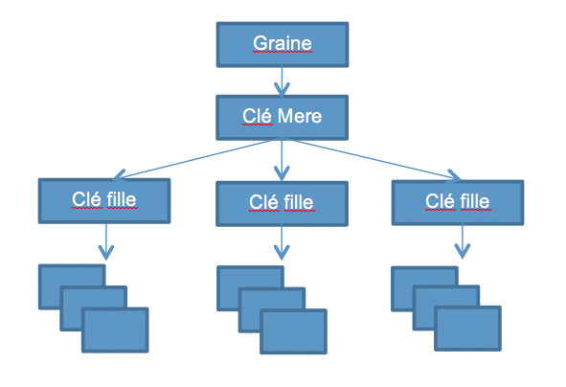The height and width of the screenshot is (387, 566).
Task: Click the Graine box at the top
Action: pos(283,44)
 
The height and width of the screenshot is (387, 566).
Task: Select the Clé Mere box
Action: pos(282,117)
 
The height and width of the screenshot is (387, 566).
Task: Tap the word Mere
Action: pos(300,116)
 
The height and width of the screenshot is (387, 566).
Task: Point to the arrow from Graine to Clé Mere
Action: pos(282,81)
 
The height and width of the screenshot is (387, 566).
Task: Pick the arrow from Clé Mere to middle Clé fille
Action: pos(282,160)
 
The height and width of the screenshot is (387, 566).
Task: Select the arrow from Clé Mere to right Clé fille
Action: pos(372,158)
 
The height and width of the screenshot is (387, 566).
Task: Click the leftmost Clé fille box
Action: pos(104,201)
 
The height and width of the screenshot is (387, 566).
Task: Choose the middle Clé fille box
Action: pos(282,204)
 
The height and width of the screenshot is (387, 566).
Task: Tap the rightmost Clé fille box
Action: pos(458,202)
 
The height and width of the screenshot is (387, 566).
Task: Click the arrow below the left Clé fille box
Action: pos(106,241)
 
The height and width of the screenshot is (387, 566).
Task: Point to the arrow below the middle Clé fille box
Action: pos(282,242)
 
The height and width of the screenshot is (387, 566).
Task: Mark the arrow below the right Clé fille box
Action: pos(462,241)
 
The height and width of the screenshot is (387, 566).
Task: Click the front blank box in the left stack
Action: pos(115,330)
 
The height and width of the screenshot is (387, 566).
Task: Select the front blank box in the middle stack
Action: pos(293,331)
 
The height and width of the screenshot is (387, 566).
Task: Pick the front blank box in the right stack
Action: pos(467,329)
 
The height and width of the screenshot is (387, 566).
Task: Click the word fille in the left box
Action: pos(122,199)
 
